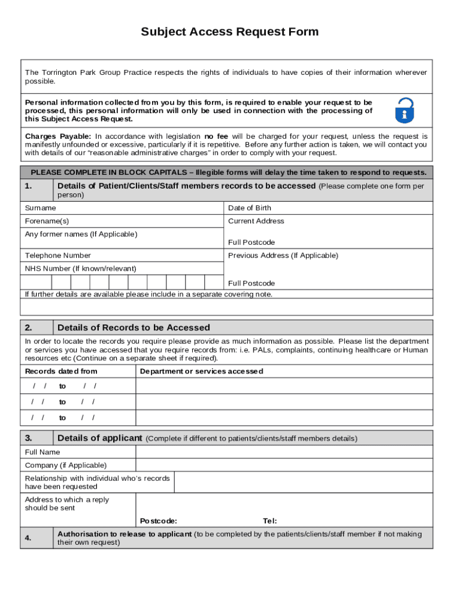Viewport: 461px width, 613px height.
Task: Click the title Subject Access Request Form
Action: pos(230,32)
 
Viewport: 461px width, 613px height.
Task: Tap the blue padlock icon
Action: pos(405,110)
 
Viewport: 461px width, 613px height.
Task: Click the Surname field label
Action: pos(40,208)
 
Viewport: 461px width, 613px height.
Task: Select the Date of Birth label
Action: pos(249,208)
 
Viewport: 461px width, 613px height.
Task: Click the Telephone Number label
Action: pos(57,256)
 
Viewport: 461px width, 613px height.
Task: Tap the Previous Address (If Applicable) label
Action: pos(283,256)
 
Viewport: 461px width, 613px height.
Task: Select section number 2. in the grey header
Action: pos(29,327)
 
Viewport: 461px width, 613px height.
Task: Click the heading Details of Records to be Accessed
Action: pos(134,327)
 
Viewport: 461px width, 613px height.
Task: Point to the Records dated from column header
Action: pos(61,372)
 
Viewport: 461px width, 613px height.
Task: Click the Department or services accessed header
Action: pos(201,372)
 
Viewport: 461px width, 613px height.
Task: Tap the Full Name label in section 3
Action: pos(43,452)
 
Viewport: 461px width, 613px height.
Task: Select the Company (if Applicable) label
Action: pos(66,465)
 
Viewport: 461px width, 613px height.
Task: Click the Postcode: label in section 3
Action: pos(158,521)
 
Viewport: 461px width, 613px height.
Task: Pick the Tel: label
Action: pos(270,521)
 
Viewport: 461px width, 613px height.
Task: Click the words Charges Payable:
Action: pos(58,136)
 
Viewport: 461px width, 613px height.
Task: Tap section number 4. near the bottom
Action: pos(29,538)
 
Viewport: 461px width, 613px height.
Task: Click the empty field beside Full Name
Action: pos(284,452)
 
